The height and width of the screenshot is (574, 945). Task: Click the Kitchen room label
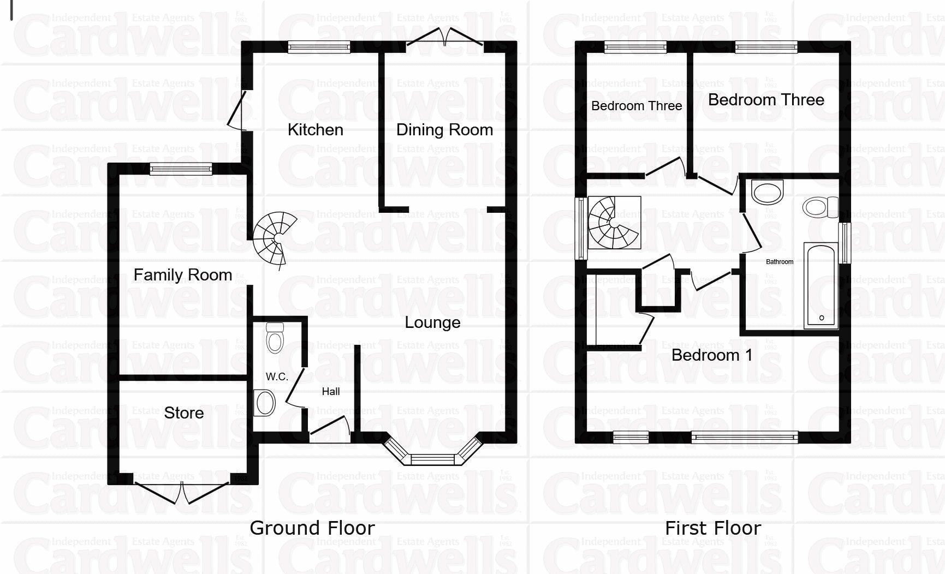coord(315,130)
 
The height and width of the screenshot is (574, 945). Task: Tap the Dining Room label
coord(444,130)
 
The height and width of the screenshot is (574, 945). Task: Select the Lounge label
coord(432,322)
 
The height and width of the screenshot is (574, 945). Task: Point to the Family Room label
coord(183,274)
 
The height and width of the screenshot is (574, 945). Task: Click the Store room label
coord(184,413)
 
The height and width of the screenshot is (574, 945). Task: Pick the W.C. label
coord(277,376)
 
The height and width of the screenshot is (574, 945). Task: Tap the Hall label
coord(331,391)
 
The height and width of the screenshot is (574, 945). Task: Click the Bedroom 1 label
coord(712,355)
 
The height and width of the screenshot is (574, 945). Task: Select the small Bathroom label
coord(780,262)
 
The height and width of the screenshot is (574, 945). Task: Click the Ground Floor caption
coord(312,528)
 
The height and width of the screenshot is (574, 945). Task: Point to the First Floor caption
coord(713,528)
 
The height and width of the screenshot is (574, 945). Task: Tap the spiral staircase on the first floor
coord(614,223)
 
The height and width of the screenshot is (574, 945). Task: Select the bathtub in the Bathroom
coord(821,286)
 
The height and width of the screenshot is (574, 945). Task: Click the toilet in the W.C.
coord(275,338)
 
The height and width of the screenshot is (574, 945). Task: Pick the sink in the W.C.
coord(265,403)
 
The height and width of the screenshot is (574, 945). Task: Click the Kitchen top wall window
coord(319,48)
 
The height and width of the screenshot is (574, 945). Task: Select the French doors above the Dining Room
coord(445,38)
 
